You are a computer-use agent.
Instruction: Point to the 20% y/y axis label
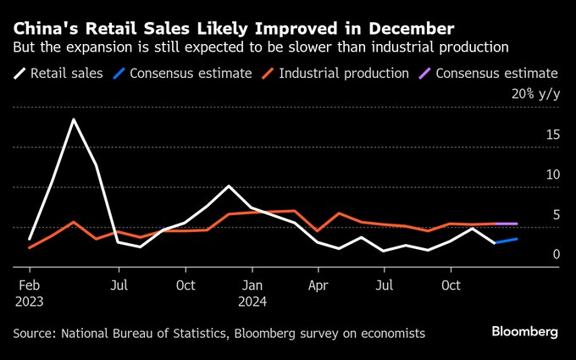[535, 94]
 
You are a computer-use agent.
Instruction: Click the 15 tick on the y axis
[552, 135]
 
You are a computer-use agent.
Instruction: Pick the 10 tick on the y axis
[552, 174]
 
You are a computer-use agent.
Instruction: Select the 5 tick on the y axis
[556, 215]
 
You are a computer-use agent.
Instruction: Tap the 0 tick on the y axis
[556, 254]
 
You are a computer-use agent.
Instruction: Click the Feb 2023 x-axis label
[29, 293]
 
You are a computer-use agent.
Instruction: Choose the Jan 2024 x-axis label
[252, 293]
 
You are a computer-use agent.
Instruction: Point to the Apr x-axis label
[318, 285]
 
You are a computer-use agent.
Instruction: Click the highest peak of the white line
[74, 119]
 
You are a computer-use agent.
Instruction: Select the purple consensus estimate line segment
[506, 224]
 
